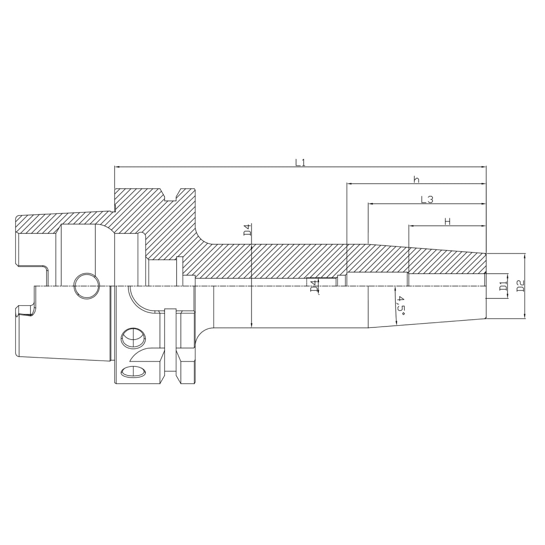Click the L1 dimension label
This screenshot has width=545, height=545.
[300, 162]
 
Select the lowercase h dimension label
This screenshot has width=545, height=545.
[416, 180]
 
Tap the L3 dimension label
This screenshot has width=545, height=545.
[426, 199]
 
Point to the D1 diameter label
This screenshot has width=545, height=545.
[503, 287]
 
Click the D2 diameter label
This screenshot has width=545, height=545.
[520, 286]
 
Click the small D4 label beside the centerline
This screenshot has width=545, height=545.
[313, 287]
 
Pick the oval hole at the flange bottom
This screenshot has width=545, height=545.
[134, 371]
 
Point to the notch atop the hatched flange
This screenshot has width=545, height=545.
[171, 196]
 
